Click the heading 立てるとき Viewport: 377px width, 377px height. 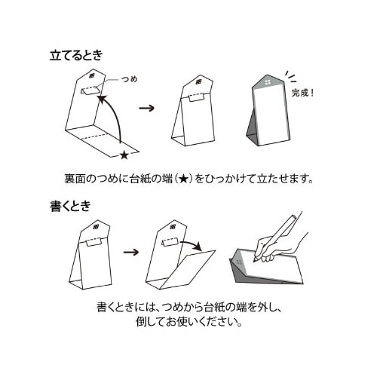pyautogui.click(x=76, y=55)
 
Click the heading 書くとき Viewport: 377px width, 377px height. pyautogui.click(x=70, y=206)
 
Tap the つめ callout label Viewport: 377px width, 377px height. pyautogui.click(x=130, y=79)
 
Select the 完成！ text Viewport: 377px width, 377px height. pyautogui.click(x=302, y=93)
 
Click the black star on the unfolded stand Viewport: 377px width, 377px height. pyautogui.click(x=124, y=155)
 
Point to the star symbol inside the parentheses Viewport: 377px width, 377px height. pyautogui.click(x=183, y=179)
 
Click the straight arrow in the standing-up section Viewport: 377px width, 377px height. pyautogui.click(x=146, y=109)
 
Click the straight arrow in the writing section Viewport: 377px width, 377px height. pyautogui.click(x=131, y=252)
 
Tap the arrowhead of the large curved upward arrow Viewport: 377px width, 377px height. pyautogui.click(x=101, y=99)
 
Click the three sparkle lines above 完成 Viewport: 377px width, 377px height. pyautogui.click(x=291, y=76)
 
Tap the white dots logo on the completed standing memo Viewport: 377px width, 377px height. pyautogui.click(x=268, y=82)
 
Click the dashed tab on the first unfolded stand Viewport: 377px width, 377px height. pyautogui.click(x=89, y=90)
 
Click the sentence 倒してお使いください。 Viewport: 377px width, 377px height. pyautogui.click(x=189, y=321)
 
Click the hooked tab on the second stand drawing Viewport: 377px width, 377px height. pyautogui.click(x=196, y=97)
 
